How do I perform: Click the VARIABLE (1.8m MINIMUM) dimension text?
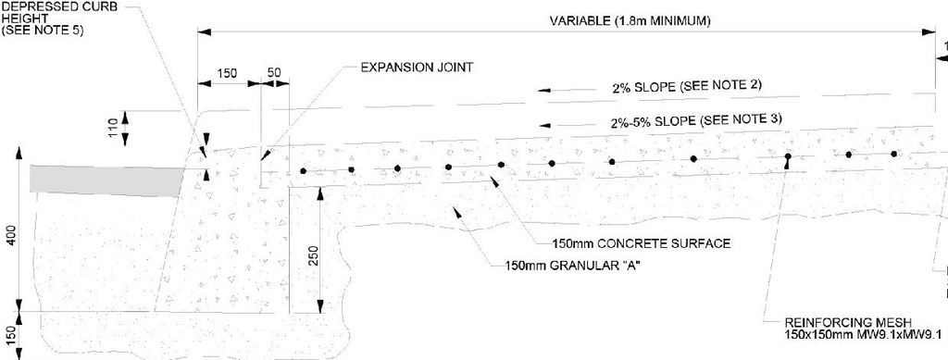(630, 21)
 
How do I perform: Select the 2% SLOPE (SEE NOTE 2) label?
(686, 86)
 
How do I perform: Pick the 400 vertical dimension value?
(10, 236)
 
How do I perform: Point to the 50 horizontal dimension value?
(274, 71)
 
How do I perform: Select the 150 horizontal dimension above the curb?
(227, 71)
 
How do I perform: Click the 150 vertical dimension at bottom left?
(10, 334)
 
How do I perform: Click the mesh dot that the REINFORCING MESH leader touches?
(787, 157)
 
